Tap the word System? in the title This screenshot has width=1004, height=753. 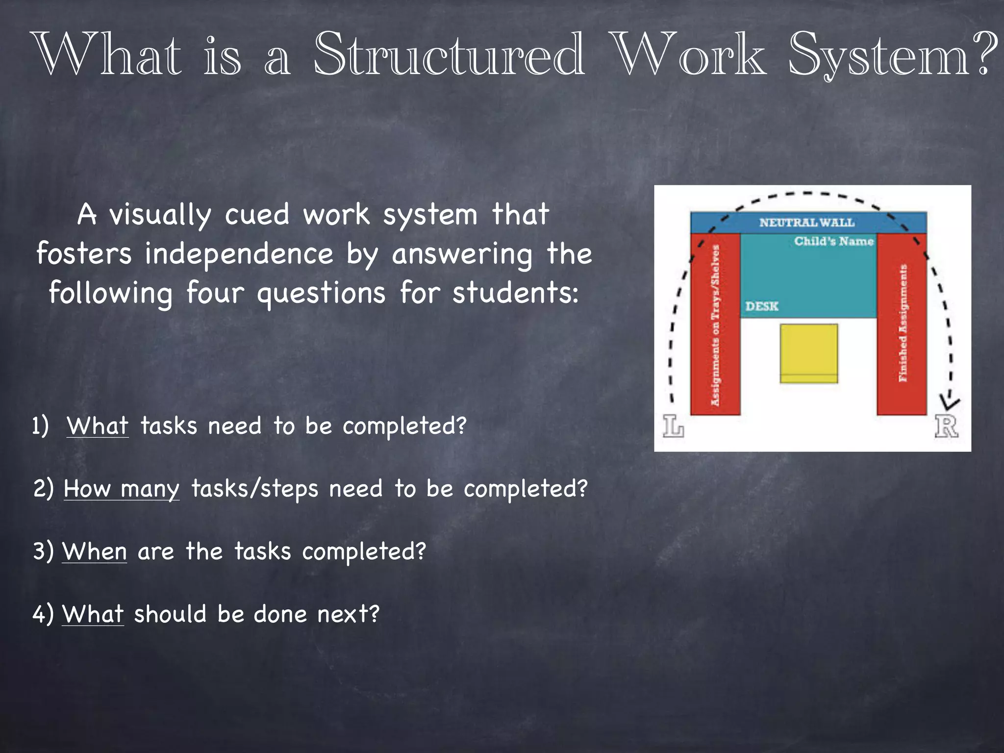pyautogui.click(x=892, y=55)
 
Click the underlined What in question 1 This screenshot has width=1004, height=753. pyautogui.click(x=98, y=426)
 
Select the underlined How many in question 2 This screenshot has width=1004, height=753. pyautogui.click(x=122, y=489)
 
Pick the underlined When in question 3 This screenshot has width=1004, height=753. pyautogui.click(x=95, y=552)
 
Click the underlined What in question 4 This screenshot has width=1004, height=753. pyautogui.click(x=93, y=614)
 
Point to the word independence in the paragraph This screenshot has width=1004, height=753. pyautogui.click(x=239, y=254)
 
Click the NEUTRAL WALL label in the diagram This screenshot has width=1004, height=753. pyautogui.click(x=807, y=223)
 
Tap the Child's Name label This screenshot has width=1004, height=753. pyautogui.click(x=834, y=241)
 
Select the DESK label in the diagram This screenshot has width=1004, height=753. pyautogui.click(x=762, y=306)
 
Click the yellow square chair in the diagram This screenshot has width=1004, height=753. pyautogui.click(x=809, y=353)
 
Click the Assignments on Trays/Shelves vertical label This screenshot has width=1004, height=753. pyautogui.click(x=715, y=325)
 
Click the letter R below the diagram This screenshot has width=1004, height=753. pyautogui.click(x=946, y=426)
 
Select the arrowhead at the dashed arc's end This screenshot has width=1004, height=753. pyautogui.click(x=950, y=402)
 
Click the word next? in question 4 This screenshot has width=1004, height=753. pyautogui.click(x=348, y=614)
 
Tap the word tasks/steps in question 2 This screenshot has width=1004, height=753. pyautogui.click(x=254, y=489)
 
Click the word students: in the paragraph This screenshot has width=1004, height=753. pyautogui.click(x=515, y=293)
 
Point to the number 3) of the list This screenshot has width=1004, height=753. pyautogui.click(x=43, y=552)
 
